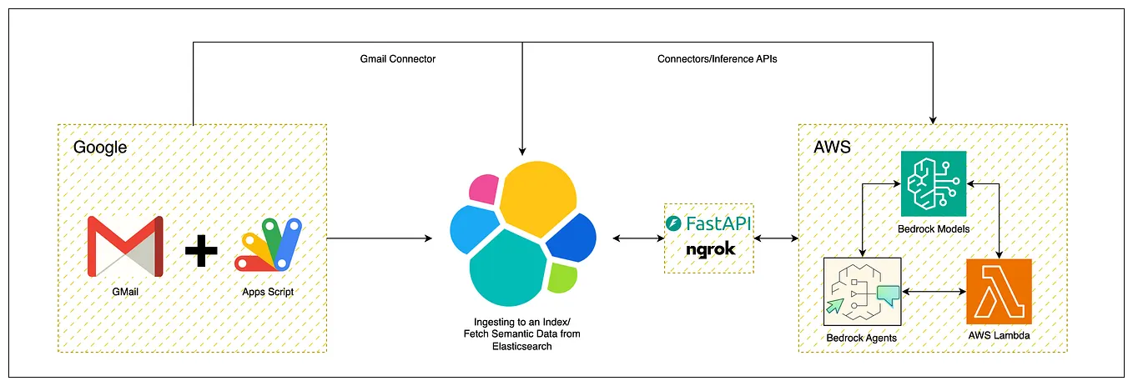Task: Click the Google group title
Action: coord(100,148)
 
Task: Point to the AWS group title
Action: coord(831,148)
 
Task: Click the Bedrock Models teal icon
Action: coord(933,183)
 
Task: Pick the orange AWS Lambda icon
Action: coord(999,291)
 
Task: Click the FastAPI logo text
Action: coord(709,223)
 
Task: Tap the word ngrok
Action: coord(709,248)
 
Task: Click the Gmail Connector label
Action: coord(397,59)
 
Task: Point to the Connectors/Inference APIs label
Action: coord(717,59)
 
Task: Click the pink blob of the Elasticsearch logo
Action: coord(481,189)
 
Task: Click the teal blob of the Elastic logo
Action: coord(507,271)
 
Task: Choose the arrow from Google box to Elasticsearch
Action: coord(380,239)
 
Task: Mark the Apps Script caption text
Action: coord(268,292)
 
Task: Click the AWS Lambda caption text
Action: coord(1000,335)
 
